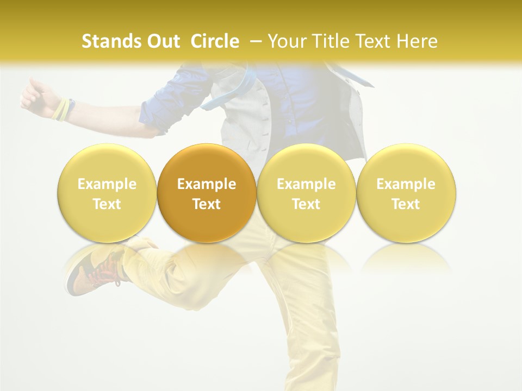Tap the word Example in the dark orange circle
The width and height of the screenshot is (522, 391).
pos(207,184)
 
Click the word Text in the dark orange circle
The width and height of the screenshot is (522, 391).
pos(207,204)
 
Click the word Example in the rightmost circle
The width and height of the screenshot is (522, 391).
pos(406,184)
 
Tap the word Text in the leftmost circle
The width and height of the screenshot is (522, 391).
pos(107,204)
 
